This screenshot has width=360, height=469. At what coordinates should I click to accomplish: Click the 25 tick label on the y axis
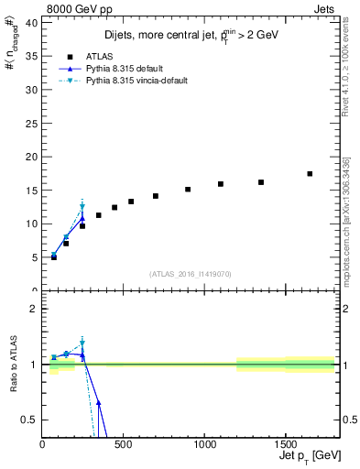coord(34,123)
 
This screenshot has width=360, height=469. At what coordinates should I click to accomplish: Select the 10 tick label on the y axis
coord(34,224)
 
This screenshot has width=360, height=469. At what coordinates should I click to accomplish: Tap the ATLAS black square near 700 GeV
coord(156,196)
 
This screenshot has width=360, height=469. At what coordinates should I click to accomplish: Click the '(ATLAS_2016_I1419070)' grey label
coord(191,273)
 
